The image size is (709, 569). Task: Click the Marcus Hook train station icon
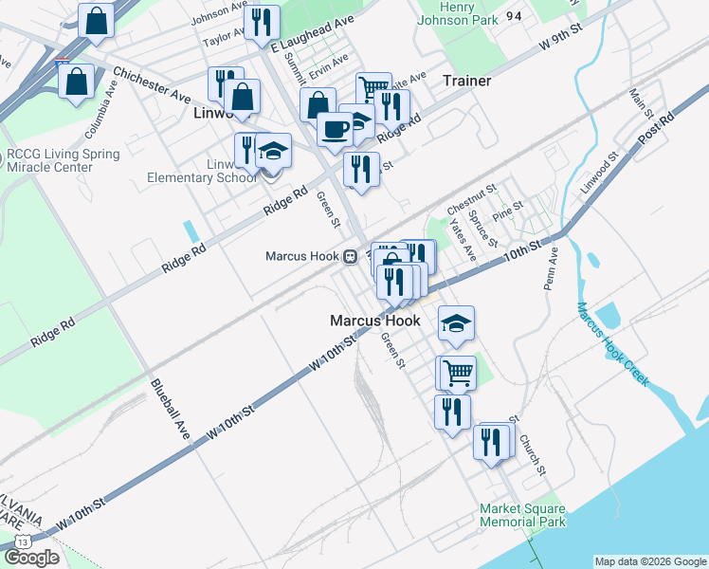tap(350, 256)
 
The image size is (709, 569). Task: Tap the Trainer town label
tap(466, 81)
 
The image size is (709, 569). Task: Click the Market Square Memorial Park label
tap(522, 515)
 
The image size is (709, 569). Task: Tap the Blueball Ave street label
tap(170, 408)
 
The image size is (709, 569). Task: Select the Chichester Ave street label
tap(152, 83)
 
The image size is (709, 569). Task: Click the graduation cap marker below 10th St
tap(456, 323)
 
